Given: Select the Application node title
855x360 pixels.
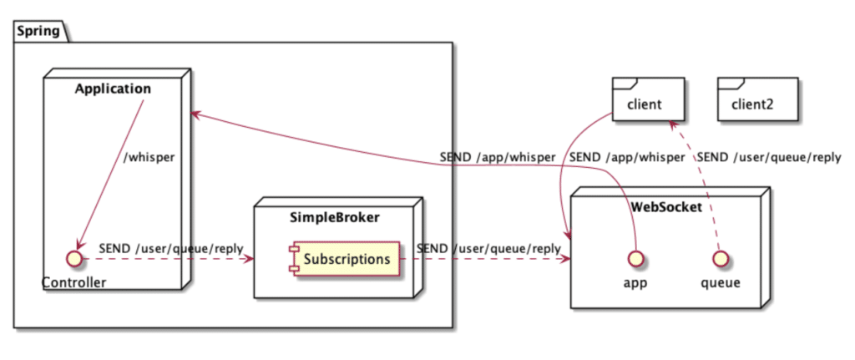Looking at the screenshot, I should [113, 89].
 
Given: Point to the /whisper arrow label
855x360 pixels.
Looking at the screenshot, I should [148, 157].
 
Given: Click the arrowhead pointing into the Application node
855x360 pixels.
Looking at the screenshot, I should [196, 113].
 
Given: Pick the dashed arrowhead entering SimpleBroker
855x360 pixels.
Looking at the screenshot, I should [248, 259].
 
